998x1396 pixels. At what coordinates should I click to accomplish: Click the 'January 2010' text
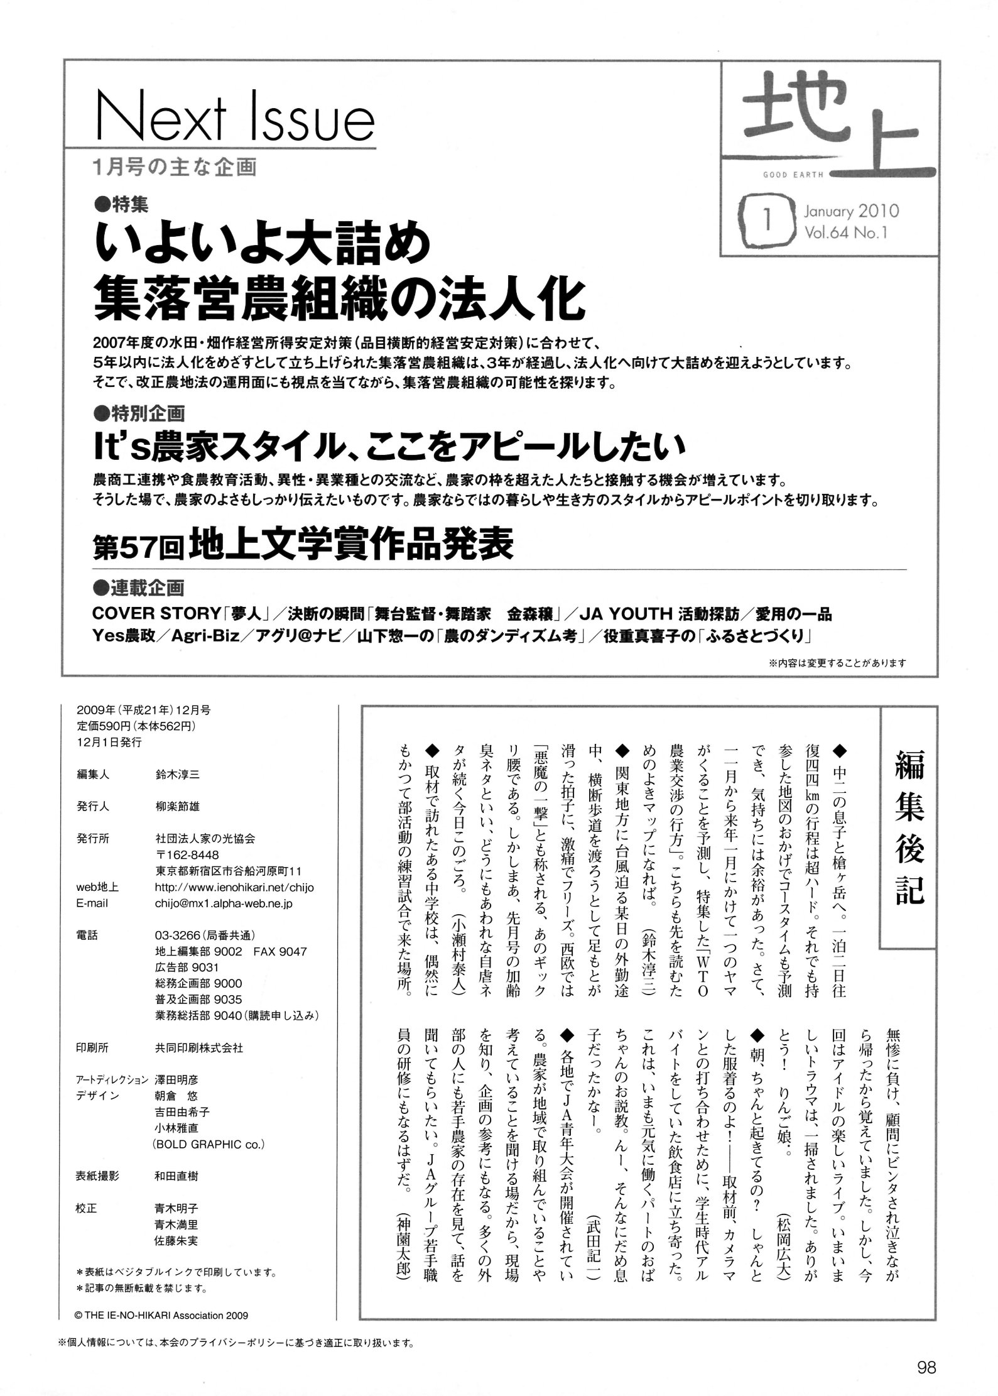click(x=851, y=211)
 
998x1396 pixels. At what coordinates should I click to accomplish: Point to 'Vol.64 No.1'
click(x=845, y=233)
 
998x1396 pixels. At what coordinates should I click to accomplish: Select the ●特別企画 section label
click(x=138, y=413)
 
